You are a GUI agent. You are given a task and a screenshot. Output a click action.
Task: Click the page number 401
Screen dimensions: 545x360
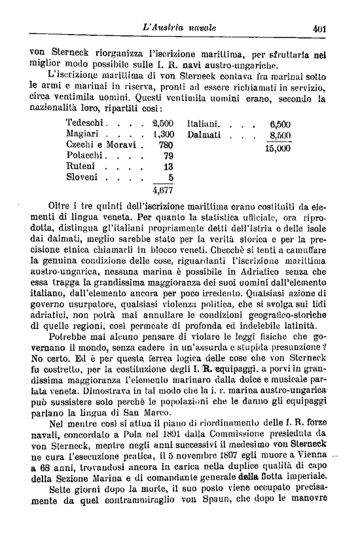(x=319, y=29)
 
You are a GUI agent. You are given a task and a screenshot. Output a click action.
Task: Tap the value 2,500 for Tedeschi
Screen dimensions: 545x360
(x=162, y=123)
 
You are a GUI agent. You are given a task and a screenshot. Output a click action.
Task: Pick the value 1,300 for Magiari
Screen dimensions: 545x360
(x=162, y=134)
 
